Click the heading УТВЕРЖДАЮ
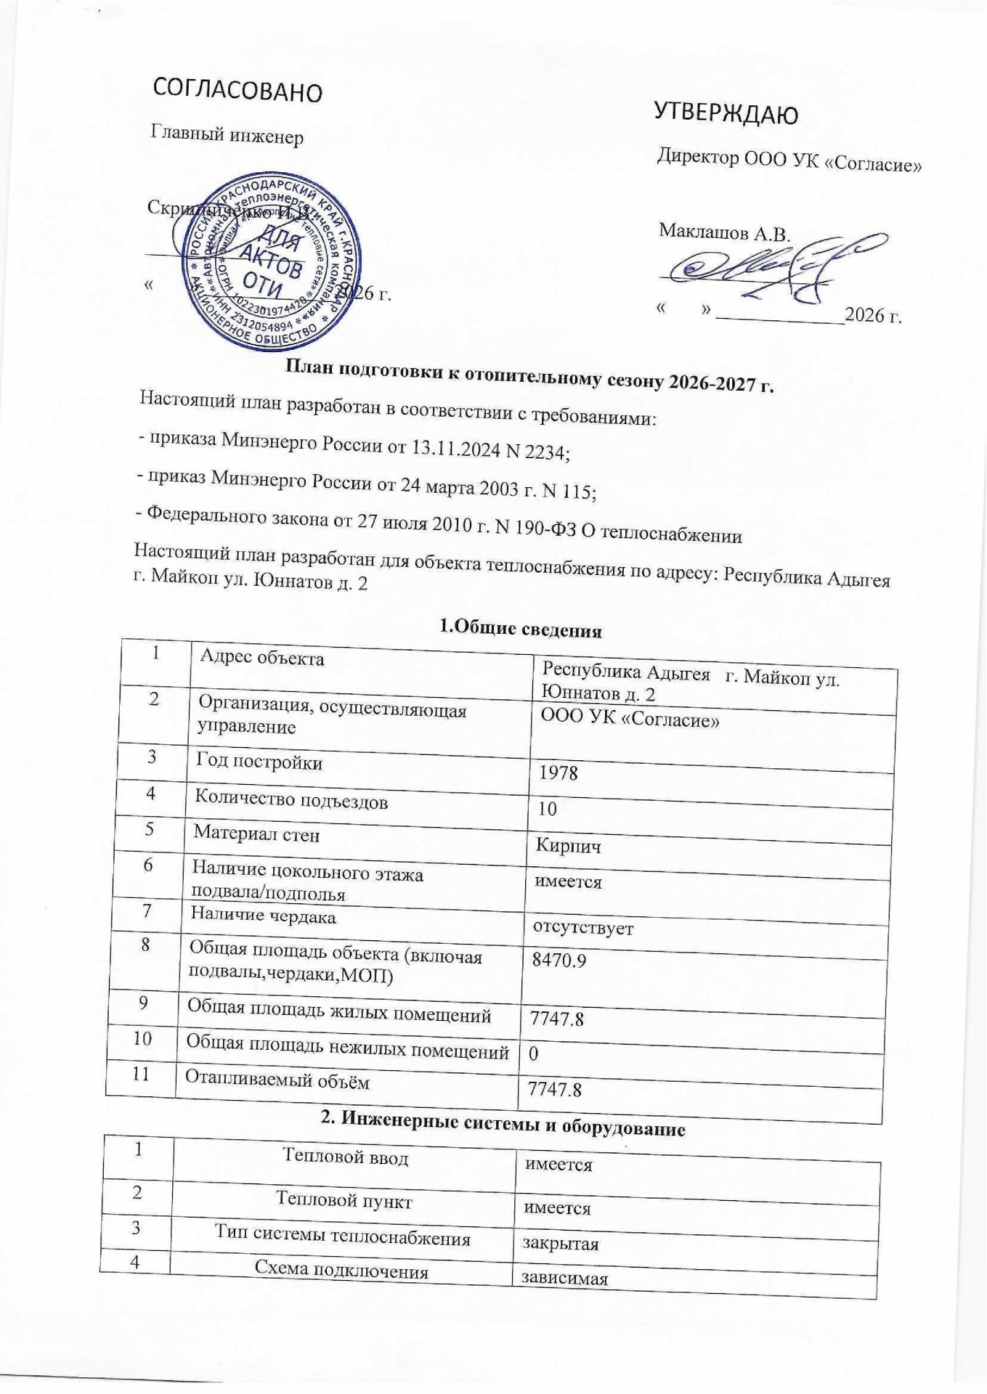pyautogui.click(x=726, y=112)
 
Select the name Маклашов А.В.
pyautogui.click(x=723, y=233)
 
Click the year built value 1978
pyautogui.click(x=558, y=773)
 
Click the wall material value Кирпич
pyautogui.click(x=567, y=846)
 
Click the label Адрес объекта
pyautogui.click(x=261, y=658)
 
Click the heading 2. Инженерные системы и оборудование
pyautogui.click(x=503, y=1128)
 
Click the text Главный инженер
pyautogui.click(x=227, y=135)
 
